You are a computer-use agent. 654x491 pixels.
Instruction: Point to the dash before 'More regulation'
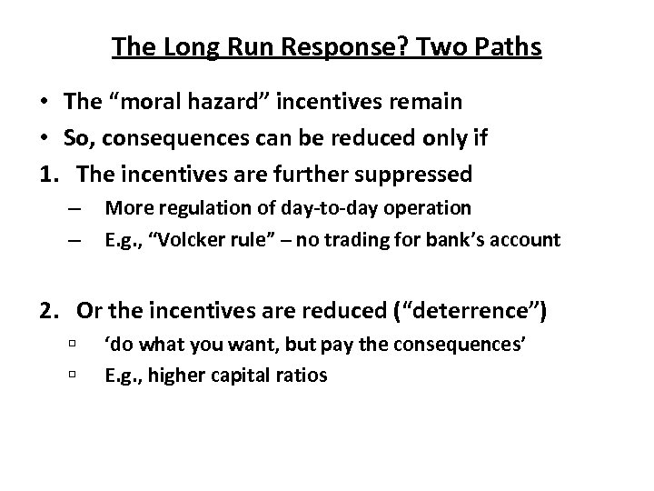(x=74, y=209)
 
